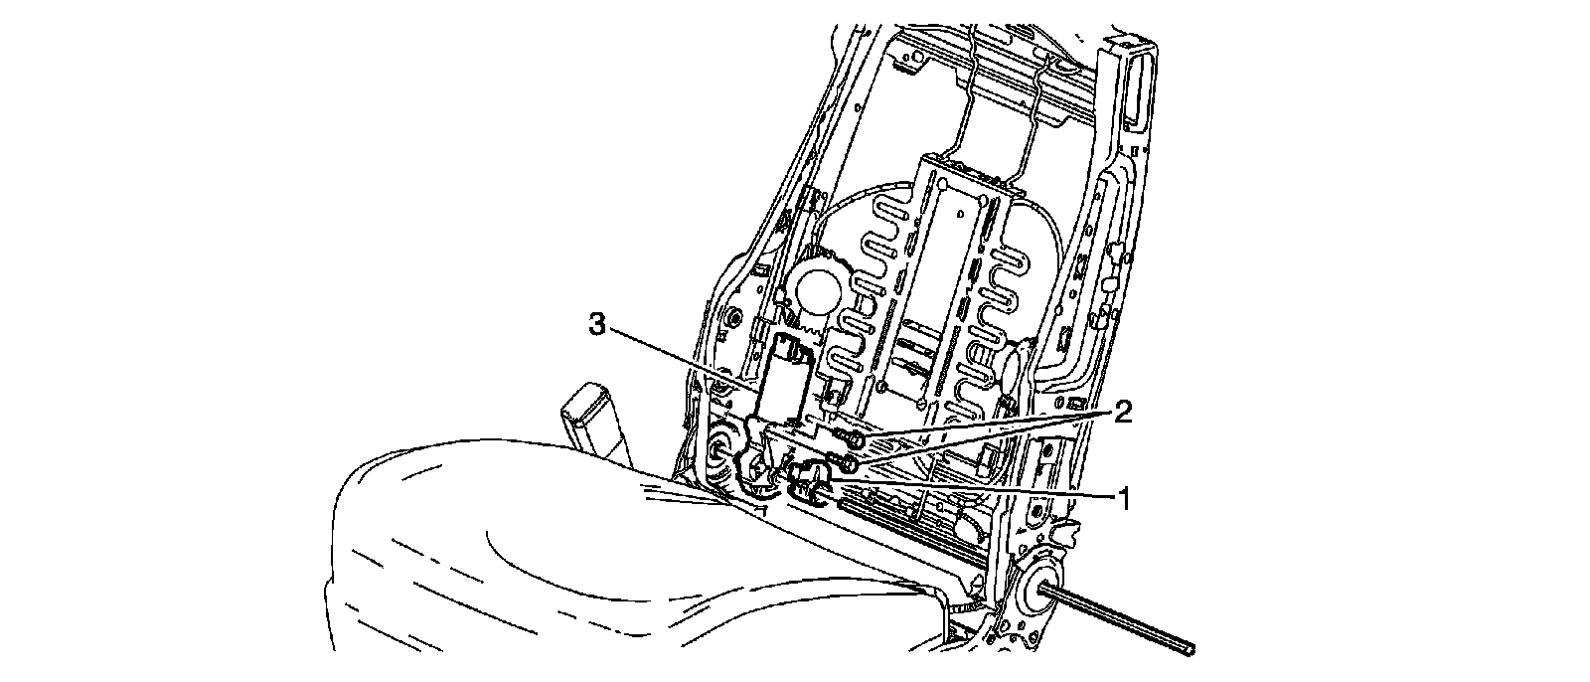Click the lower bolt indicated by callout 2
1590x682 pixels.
(850, 462)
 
